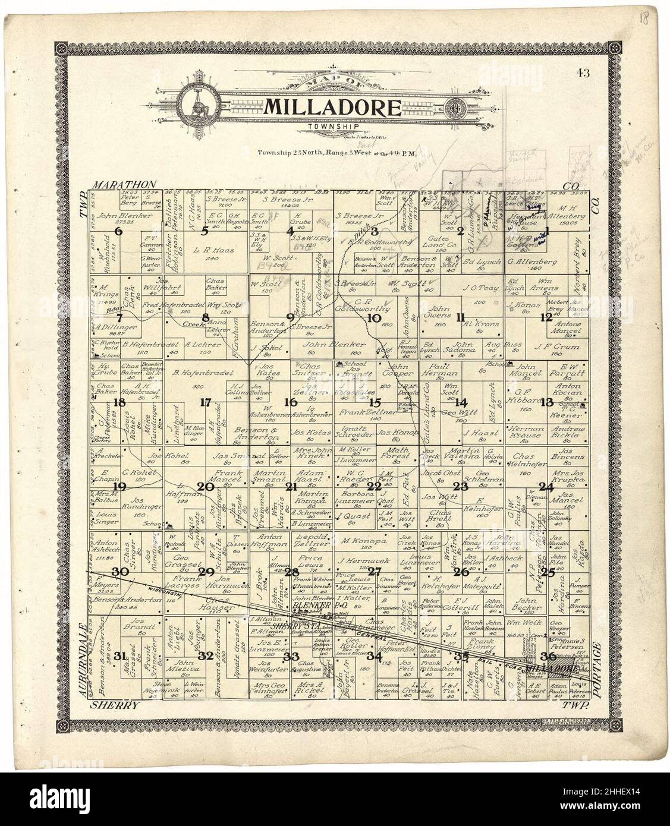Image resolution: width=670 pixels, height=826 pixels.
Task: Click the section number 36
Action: [x=548, y=656]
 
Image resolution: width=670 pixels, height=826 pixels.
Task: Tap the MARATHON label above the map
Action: [x=124, y=185]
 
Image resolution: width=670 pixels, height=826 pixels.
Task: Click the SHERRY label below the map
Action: [x=114, y=705]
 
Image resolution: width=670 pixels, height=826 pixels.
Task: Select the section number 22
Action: [x=373, y=486]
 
